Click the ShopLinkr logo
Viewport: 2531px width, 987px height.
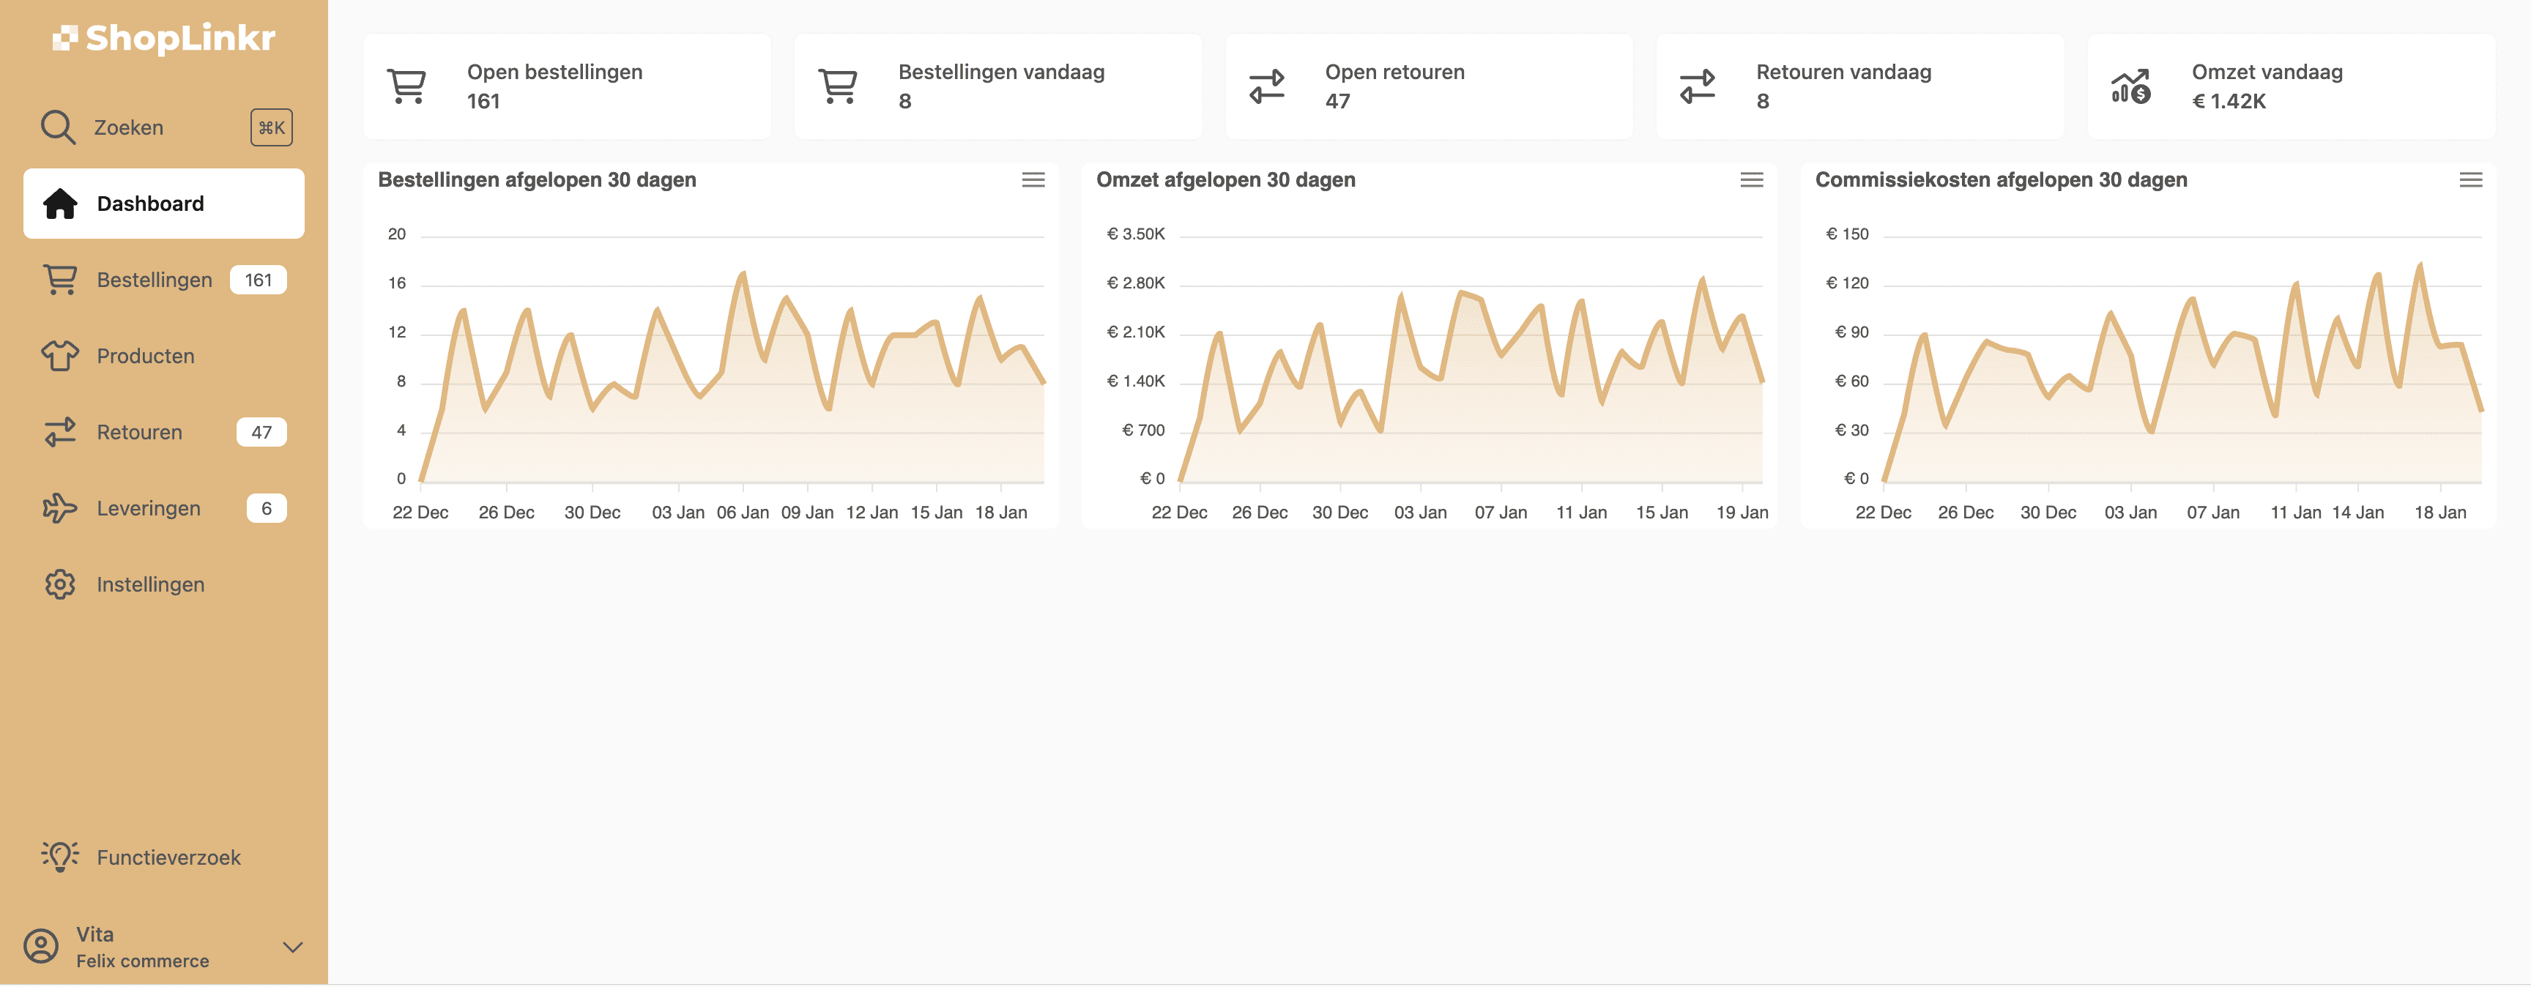[x=164, y=38]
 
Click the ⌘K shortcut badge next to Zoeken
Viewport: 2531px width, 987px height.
[x=271, y=127]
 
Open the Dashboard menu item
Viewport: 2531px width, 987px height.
[x=150, y=204]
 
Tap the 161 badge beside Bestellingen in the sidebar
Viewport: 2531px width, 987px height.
[x=259, y=280]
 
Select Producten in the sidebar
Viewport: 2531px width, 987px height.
[x=146, y=356]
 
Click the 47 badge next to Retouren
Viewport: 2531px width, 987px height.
[x=261, y=432]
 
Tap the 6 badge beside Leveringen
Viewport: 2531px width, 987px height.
[x=267, y=507]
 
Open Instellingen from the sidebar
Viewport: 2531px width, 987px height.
[x=150, y=584]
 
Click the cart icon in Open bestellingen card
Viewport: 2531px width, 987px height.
[x=406, y=86]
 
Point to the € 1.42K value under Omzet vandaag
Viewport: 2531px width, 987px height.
[x=2229, y=101]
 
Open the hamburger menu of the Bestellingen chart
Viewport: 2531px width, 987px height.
[x=1033, y=179]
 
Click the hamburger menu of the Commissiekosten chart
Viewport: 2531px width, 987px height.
[x=2470, y=179]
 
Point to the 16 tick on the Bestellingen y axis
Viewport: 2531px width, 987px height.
[x=397, y=283]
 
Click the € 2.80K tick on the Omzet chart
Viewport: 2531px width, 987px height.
[x=1136, y=283]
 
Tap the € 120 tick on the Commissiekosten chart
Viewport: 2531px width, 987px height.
[x=1847, y=283]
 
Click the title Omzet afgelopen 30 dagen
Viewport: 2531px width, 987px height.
[x=1225, y=179]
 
